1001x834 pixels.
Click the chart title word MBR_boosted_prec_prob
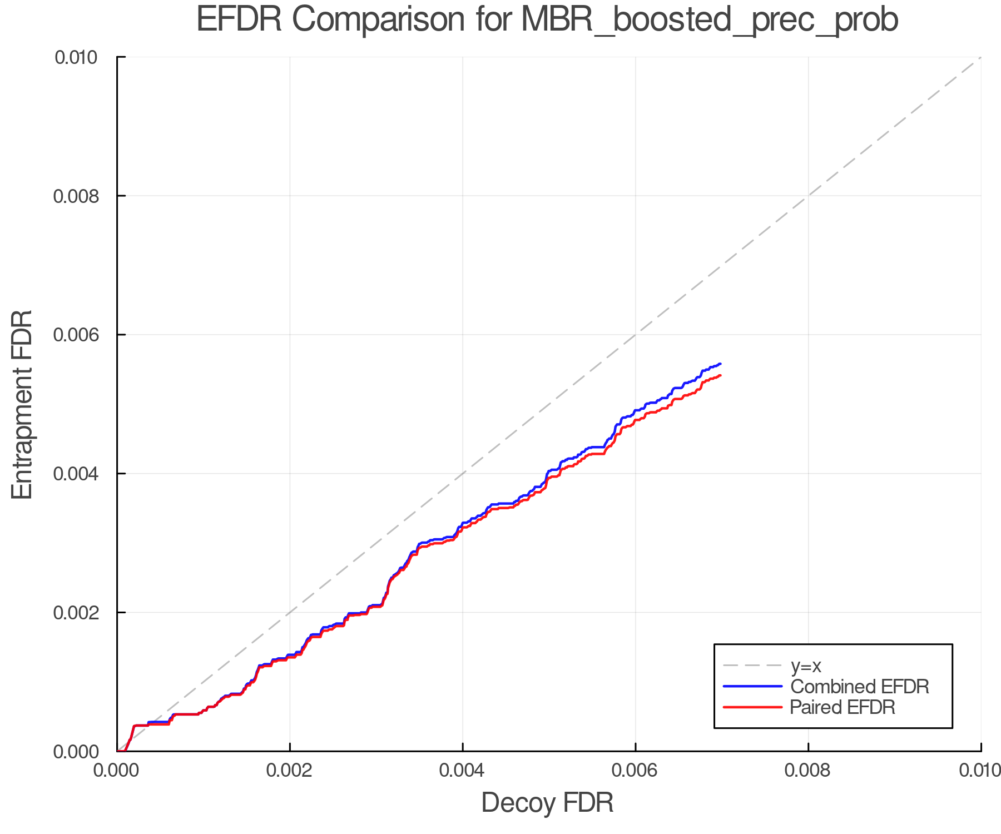710,20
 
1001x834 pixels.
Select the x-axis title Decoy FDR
547,803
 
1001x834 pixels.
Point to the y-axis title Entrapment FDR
22,404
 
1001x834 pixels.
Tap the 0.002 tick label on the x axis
290,771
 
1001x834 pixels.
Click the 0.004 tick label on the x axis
463,771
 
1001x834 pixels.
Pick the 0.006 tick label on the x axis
635,771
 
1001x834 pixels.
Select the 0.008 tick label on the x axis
808,771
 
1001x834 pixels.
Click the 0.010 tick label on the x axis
980,771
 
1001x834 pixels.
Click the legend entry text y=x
806,666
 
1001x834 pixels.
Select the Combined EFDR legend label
859,687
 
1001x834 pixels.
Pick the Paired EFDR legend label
843,707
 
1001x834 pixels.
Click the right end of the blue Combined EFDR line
720,364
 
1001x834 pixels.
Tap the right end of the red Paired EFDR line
720,376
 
